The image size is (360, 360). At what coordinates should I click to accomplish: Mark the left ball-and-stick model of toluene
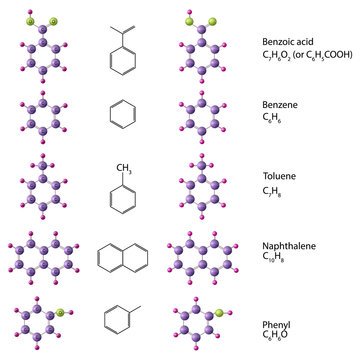click(x=41, y=186)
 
